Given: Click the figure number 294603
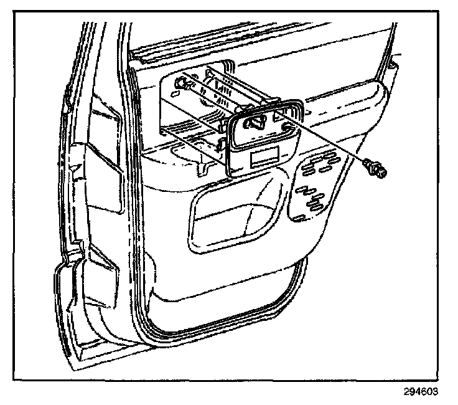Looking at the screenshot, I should pos(421,392).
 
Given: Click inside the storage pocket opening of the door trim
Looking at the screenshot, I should pos(236,218).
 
